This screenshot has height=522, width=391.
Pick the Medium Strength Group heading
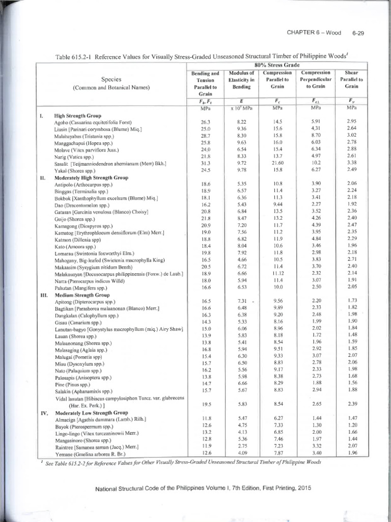pyautogui.click(x=78, y=295)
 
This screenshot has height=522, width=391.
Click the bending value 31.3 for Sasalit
pyautogui.click(x=206, y=163)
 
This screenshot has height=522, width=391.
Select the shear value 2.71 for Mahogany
pyautogui.click(x=351, y=259)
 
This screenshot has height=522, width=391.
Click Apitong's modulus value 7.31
pyautogui.click(x=241, y=301)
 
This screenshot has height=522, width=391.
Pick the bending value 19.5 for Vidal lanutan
pyautogui.click(x=206, y=404)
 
